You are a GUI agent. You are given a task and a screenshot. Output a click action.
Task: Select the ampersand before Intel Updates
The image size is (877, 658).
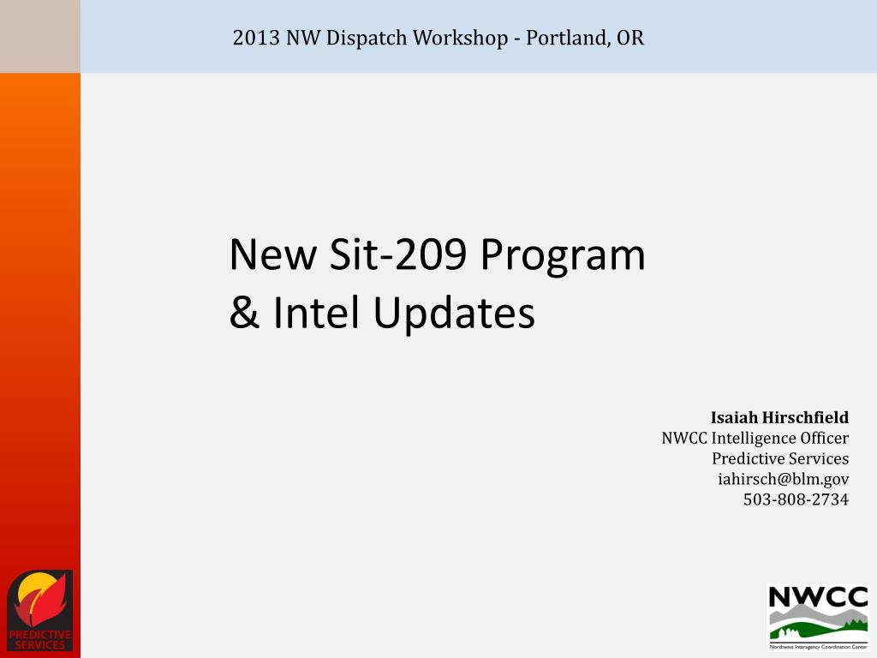coord(244,314)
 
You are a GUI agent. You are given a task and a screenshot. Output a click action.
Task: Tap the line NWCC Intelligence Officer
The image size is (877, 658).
coord(755,438)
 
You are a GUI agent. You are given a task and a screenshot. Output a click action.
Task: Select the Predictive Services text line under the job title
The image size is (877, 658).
coord(780,458)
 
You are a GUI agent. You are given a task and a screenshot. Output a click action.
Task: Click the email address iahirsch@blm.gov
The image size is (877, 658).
coord(783,478)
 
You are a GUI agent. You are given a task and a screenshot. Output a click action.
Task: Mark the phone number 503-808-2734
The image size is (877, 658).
coord(796,499)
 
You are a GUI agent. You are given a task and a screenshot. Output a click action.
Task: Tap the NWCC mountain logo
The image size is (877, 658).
coord(817,618)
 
